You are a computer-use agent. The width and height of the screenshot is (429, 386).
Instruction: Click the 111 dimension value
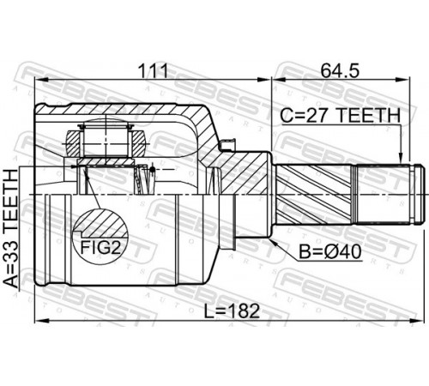click(x=153, y=71)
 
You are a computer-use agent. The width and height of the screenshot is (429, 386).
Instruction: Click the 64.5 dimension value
click(x=340, y=71)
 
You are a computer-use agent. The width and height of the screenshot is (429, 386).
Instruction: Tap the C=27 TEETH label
click(x=340, y=116)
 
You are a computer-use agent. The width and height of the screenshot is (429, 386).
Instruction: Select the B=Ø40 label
click(x=330, y=252)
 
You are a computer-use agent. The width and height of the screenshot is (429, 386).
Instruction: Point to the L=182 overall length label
click(x=232, y=311)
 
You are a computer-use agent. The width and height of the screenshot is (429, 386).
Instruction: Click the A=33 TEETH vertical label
click(x=10, y=228)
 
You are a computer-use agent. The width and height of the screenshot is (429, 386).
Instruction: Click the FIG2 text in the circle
click(x=100, y=247)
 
